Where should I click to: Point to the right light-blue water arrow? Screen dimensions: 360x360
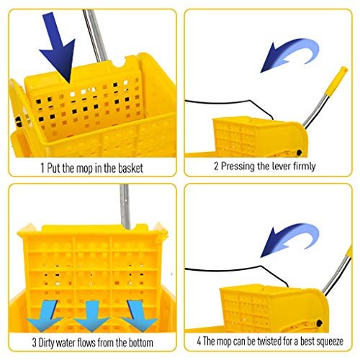click(137, 314)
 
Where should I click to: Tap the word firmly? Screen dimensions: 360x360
click(301, 166)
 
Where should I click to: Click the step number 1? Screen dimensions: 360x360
click(42, 168)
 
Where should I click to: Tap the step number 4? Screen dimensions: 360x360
click(197, 341)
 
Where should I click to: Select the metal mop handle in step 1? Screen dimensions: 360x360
click(90, 29)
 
